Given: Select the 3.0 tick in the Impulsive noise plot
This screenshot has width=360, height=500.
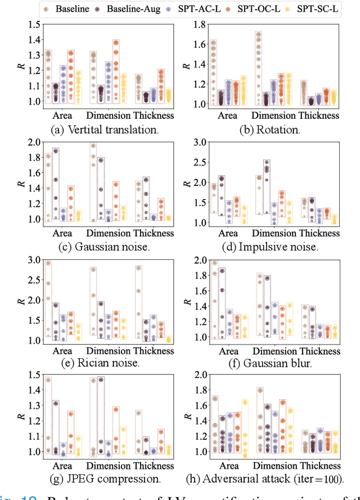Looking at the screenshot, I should click(x=191, y=142).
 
